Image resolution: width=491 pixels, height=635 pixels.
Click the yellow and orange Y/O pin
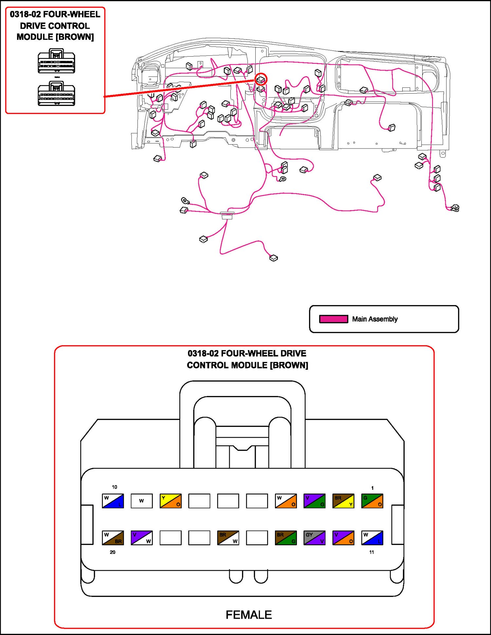point(170,501)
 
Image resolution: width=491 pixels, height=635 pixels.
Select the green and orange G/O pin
point(372,501)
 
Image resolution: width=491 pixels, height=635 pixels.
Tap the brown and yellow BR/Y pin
point(343,501)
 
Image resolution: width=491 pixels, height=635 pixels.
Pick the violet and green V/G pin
point(314,501)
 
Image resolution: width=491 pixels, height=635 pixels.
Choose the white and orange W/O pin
point(286,501)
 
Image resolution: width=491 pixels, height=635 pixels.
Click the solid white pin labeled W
point(141,501)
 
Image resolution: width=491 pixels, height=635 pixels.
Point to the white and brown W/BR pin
point(113,538)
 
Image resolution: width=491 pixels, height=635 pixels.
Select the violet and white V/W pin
point(141,538)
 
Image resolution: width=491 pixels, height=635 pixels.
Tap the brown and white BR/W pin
point(228,538)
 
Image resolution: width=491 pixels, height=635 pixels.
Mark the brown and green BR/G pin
point(286,538)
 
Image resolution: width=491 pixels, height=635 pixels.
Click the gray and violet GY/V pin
point(314,538)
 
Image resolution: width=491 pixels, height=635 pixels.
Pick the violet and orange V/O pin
point(343,538)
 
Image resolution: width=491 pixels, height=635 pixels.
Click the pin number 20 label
point(113,552)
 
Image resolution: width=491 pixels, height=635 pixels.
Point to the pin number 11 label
point(372,552)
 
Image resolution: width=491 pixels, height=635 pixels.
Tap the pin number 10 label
point(114,487)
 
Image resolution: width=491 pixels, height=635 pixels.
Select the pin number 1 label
point(372,488)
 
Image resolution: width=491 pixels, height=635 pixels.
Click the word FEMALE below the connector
point(248,615)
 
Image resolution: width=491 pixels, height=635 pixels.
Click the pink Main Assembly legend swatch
point(333,319)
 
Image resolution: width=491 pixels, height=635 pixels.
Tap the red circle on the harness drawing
point(261,79)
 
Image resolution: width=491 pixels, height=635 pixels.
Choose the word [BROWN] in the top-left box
point(75,37)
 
